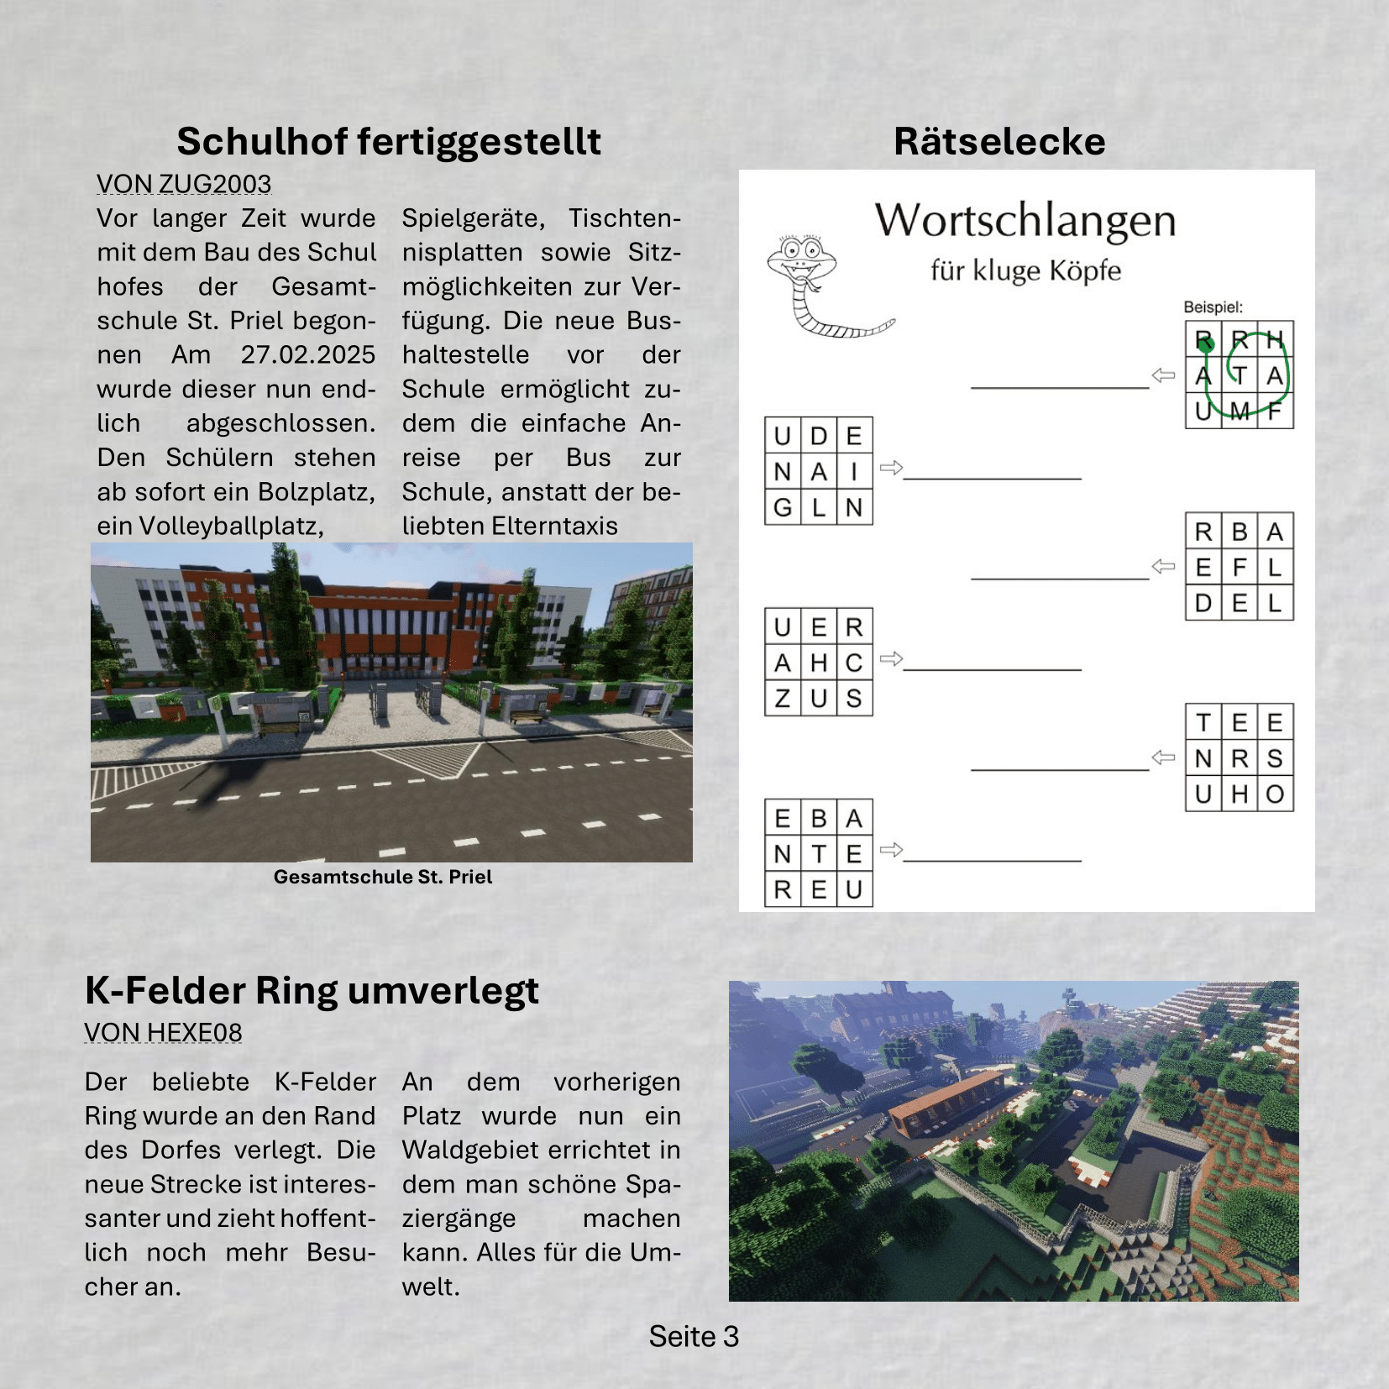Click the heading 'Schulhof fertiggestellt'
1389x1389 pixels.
388,141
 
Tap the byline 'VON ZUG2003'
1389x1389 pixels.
184,184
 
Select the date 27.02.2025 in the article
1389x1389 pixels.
307,354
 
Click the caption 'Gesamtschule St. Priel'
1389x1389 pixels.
383,877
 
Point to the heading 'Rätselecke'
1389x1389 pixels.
999,141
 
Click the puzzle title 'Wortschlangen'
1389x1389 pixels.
1025,220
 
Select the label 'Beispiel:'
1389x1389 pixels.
1213,307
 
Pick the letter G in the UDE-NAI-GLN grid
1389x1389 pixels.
783,507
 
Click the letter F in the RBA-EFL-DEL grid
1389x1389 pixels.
1240,568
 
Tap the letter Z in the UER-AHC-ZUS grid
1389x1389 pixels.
783,699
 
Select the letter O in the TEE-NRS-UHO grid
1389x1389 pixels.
1275,794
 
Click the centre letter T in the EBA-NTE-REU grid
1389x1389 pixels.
819,854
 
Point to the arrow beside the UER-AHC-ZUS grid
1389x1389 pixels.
891,659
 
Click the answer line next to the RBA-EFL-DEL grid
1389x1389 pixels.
1060,577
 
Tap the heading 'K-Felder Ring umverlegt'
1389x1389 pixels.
312,990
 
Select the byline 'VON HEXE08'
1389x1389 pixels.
163,1032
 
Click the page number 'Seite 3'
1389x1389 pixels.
694,1336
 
